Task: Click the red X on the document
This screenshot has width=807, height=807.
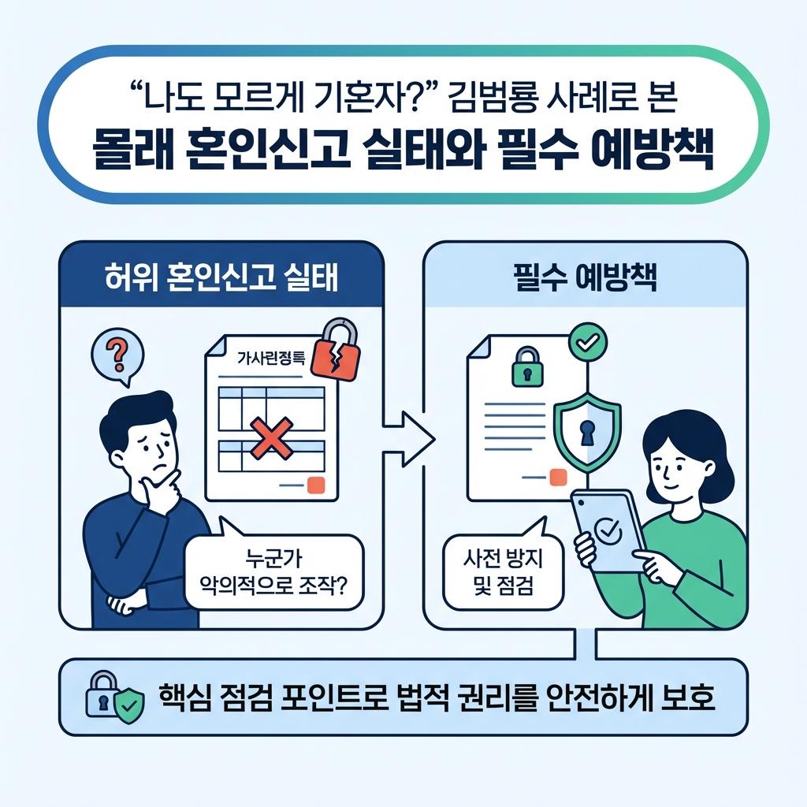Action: pyautogui.click(x=270, y=437)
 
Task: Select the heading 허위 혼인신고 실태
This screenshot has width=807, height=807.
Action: pyautogui.click(x=221, y=280)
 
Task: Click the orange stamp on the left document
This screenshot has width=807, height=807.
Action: pyautogui.click(x=316, y=485)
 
